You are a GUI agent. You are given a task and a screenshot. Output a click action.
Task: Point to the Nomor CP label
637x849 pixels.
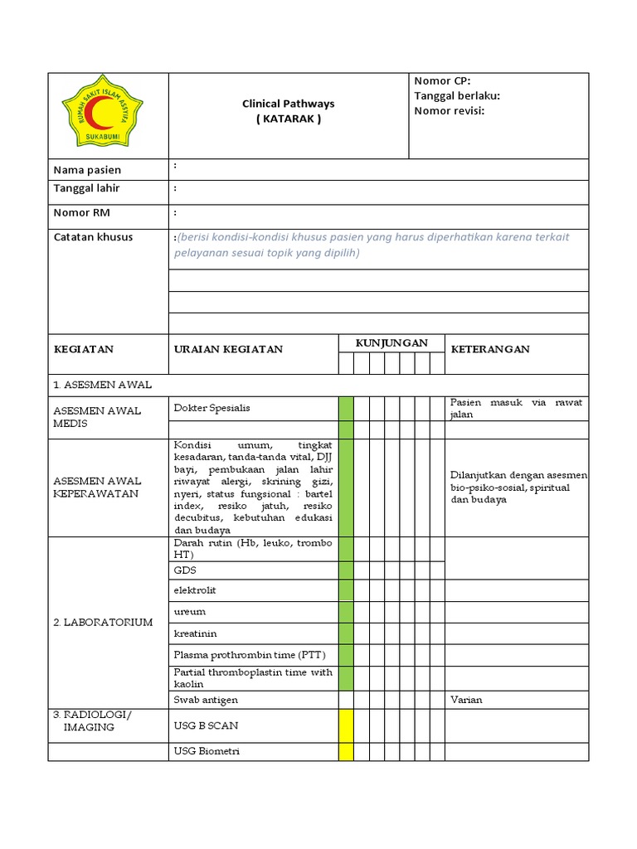pos(442,80)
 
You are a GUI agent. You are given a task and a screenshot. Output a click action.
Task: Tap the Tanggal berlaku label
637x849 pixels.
pos(457,95)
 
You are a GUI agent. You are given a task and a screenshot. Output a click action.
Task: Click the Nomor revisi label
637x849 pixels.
pos(449,110)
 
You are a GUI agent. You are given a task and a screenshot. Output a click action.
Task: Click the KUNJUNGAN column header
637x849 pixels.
pos(391,343)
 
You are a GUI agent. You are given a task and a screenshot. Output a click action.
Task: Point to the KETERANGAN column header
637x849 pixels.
pos(490,349)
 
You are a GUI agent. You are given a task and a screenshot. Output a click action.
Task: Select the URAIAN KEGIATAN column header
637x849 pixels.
pos(228,349)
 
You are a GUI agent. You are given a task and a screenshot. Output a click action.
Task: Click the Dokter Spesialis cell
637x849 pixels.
pos(212,408)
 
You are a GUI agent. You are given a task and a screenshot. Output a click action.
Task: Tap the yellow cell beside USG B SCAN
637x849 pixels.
pos(346,725)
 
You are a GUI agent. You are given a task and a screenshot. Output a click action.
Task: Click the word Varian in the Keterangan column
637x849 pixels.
pos(466,700)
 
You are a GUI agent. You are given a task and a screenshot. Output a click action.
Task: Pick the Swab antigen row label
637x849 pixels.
pos(206,700)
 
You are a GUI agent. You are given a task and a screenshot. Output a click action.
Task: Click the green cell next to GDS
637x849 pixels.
pos(346,570)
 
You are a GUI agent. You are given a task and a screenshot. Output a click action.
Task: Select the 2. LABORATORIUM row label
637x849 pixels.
pos(103,622)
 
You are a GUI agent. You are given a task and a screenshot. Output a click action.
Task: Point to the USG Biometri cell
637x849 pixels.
pos(207,752)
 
